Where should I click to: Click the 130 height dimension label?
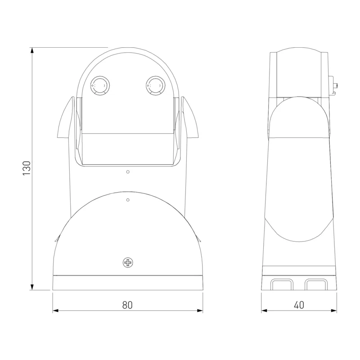[x=27, y=168]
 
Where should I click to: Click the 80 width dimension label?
[x=127, y=305]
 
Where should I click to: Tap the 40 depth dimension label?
[x=299, y=305]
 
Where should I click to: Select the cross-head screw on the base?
[x=128, y=262]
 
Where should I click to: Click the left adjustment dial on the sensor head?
[x=100, y=85]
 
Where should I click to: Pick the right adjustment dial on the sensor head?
[x=155, y=85]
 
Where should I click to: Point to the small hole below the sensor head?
[x=128, y=172]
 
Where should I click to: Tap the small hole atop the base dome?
[x=128, y=200]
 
